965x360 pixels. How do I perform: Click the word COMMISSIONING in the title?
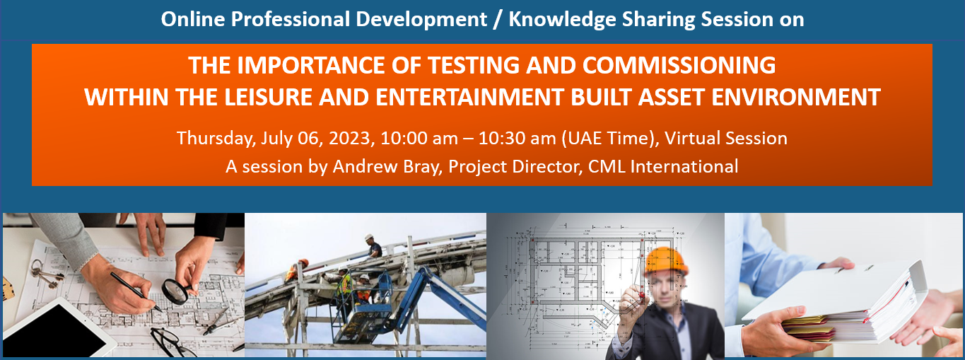pos(679,66)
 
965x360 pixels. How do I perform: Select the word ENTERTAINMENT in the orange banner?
pos(469,97)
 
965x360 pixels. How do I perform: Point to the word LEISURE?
pos(268,97)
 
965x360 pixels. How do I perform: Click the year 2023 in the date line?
pos(349,139)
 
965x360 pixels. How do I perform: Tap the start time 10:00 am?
pos(419,139)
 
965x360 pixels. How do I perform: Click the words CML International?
pos(663,166)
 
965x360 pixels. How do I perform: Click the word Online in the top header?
pos(193,19)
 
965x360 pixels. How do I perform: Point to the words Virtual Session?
pos(726,139)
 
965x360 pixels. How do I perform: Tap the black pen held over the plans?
pos(136,291)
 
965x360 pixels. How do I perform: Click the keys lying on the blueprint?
pos(45,274)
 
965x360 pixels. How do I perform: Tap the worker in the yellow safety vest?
pos(346,286)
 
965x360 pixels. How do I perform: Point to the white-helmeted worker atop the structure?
pos(373,246)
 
